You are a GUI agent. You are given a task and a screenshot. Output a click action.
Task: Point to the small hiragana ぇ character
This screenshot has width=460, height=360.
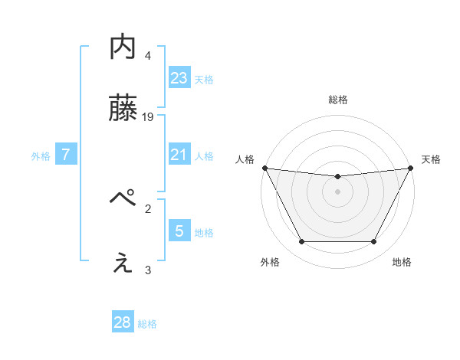click(123, 264)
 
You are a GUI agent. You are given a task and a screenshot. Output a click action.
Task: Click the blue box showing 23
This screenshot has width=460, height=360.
click(179, 77)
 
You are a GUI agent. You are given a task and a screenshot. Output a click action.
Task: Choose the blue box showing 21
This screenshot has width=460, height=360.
click(179, 155)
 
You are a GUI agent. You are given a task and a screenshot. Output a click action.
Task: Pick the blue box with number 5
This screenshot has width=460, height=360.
click(179, 231)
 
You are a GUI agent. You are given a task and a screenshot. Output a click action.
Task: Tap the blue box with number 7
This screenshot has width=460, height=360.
click(66, 155)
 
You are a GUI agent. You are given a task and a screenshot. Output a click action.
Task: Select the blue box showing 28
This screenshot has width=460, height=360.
click(123, 322)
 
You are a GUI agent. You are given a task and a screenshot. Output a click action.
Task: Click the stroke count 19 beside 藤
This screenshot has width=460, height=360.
click(149, 117)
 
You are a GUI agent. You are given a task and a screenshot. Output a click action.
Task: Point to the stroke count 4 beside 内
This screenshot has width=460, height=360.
click(148, 55)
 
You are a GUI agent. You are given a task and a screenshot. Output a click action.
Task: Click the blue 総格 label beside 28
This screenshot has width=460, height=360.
click(147, 324)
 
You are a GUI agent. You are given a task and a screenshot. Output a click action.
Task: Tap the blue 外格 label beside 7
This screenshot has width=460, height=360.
click(41, 156)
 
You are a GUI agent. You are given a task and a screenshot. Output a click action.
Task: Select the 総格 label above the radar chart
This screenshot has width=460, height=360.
click(337, 100)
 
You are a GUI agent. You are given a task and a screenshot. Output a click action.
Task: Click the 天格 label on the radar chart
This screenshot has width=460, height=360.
click(431, 159)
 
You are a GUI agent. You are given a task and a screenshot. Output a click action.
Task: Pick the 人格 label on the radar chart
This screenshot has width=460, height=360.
click(245, 159)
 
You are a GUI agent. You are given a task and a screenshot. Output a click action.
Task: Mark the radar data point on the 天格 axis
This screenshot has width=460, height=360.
click(411, 168)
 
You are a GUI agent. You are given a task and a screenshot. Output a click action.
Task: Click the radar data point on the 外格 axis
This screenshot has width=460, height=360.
click(301, 242)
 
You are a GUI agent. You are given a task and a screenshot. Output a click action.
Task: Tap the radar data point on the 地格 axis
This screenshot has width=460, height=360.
click(374, 242)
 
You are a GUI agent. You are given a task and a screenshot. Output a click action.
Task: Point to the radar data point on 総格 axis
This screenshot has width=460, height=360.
click(337, 177)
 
